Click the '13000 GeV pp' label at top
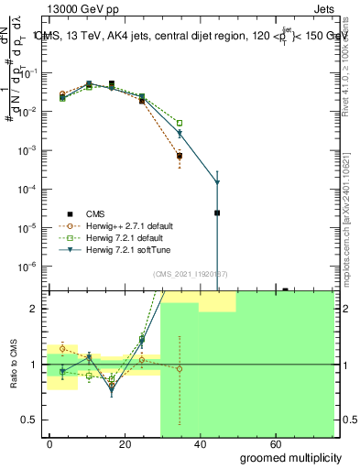pyautogui.click(x=75, y=8)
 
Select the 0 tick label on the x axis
pyautogui.click(x=49, y=443)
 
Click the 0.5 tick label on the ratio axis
pyautogui.click(x=31, y=420)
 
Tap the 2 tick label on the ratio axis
pyautogui.click(x=36, y=309)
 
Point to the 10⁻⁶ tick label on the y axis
pyautogui.click(x=29, y=267)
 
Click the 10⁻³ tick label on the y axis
pyautogui.click(x=29, y=150)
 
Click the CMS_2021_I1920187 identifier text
pyautogui.click(x=191, y=274)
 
